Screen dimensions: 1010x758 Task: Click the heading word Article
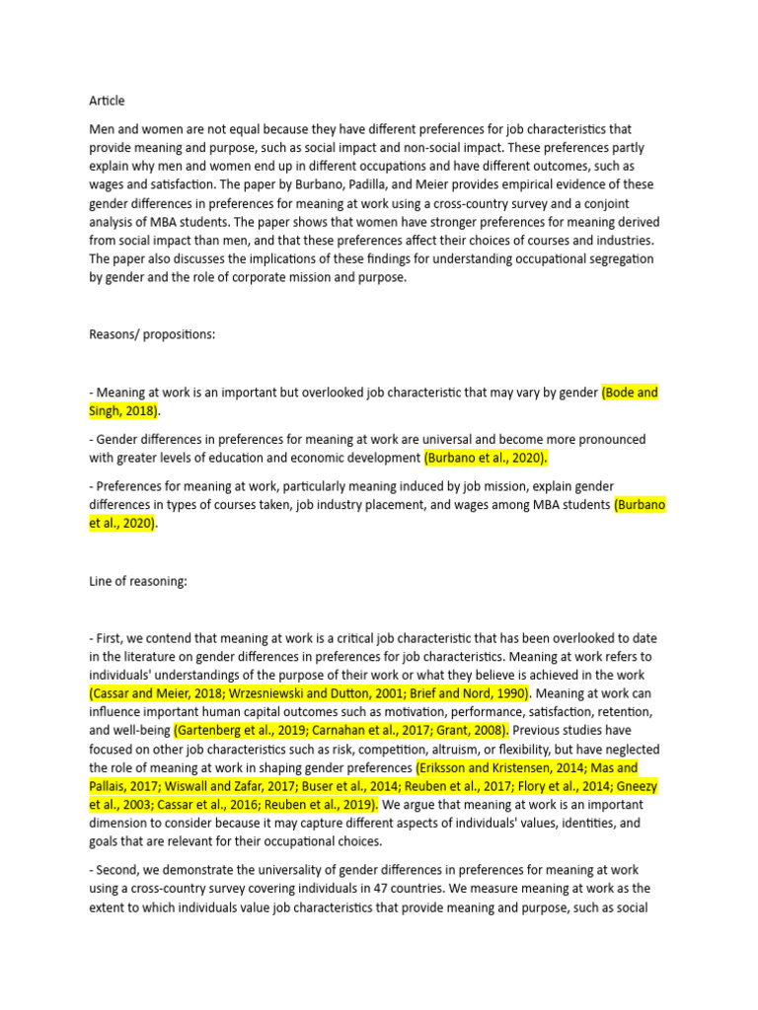(107, 101)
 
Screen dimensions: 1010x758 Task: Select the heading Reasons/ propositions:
(152, 334)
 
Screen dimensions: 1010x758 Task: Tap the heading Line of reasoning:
(138, 582)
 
